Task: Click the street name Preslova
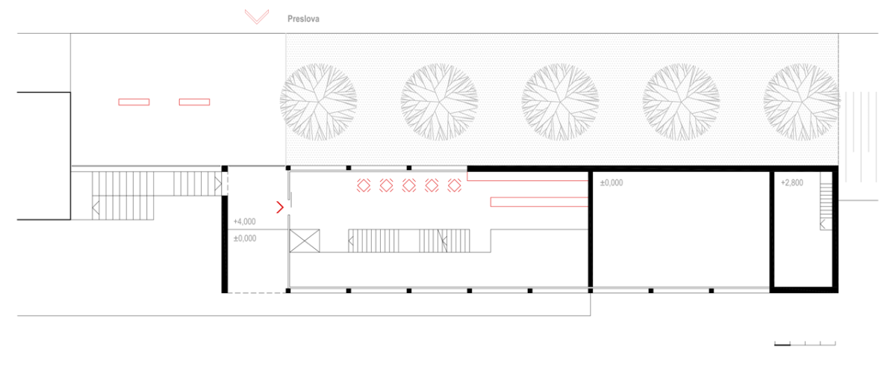(303, 19)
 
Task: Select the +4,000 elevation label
(244, 221)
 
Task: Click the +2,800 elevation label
(792, 182)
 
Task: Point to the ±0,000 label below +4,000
(245, 238)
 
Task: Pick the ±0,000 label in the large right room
(612, 182)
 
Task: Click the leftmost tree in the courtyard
(318, 102)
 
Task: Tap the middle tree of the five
(560, 102)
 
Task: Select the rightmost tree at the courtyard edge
(802, 102)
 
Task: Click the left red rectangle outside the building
(134, 102)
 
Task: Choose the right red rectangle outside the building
(194, 102)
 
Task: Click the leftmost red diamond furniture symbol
(364, 185)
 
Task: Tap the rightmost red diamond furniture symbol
(455, 185)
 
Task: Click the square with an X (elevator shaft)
(305, 241)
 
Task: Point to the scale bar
(805, 344)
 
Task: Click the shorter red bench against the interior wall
(539, 202)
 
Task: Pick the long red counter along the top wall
(527, 176)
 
